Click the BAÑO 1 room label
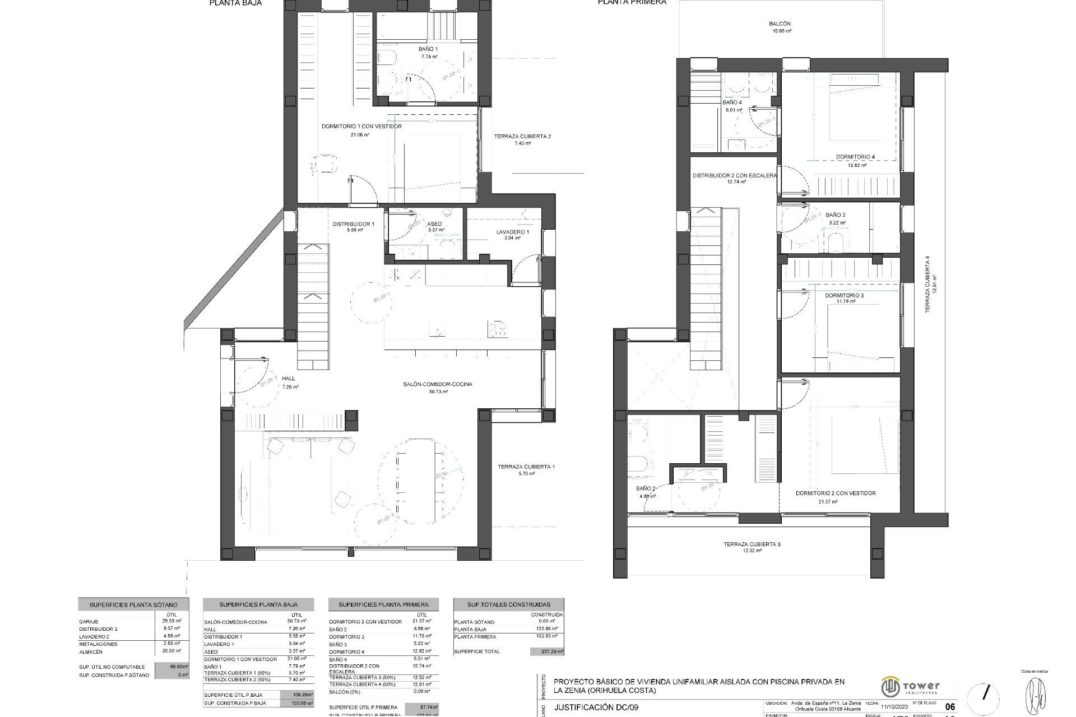428,49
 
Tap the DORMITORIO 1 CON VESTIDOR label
361,127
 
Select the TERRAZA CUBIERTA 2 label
522,136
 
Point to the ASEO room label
435,224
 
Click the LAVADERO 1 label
512,232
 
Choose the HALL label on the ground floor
289,379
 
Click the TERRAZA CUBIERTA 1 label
526,467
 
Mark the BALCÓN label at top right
780,24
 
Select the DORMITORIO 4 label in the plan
855,157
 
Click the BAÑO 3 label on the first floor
835,215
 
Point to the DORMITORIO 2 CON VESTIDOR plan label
836,493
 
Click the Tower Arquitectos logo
911,687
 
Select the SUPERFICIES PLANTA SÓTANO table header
133,605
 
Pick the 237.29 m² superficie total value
546,651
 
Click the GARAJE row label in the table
89,622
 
